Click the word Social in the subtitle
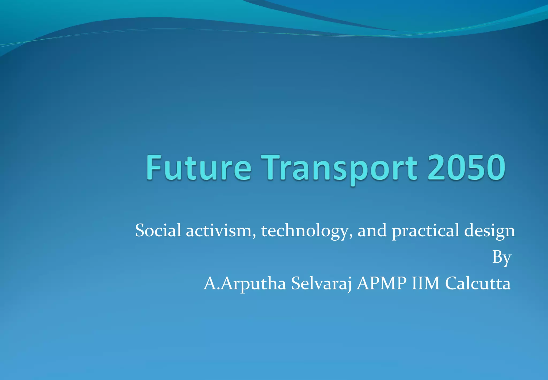158,230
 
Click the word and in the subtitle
372,230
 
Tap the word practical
425,231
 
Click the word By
502,258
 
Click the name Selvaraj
321,284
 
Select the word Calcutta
478,283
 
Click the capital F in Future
153,167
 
